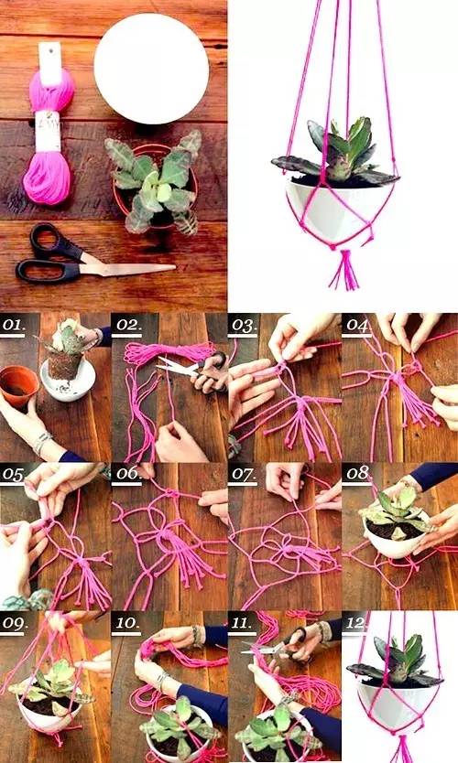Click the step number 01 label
point(13,325)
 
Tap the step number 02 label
point(127,325)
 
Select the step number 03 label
point(243,325)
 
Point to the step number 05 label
point(13,474)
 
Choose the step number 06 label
point(127,473)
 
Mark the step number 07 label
point(243,473)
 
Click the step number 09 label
point(15,623)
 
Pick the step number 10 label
point(126,623)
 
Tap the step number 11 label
point(242,623)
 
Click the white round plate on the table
point(151,68)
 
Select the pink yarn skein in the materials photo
point(49,126)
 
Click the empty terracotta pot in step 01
point(18,386)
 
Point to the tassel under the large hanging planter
point(345,269)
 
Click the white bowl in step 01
point(68,383)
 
